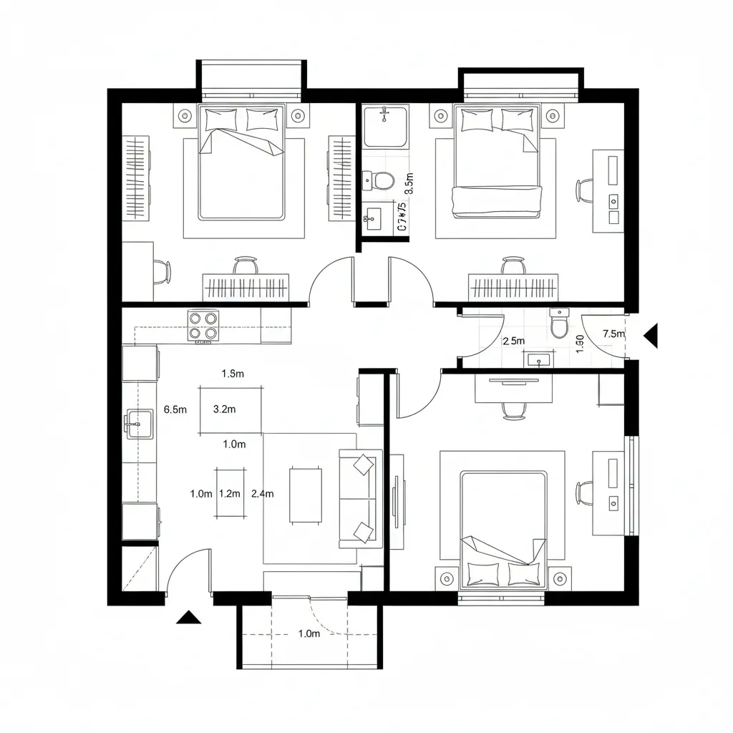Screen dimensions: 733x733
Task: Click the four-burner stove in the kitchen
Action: [x=203, y=326]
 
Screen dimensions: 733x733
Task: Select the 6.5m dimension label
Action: [x=175, y=410]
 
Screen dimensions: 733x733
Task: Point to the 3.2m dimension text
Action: [x=225, y=410]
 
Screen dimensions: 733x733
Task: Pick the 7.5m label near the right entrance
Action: [x=613, y=334]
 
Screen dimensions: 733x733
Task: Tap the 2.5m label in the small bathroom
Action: [x=514, y=341]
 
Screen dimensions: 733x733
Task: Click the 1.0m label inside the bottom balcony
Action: [x=308, y=634]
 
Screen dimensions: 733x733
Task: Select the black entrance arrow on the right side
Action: [x=651, y=335]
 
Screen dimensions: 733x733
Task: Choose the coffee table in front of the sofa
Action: [x=306, y=494]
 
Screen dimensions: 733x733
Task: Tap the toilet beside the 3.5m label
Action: [x=378, y=180]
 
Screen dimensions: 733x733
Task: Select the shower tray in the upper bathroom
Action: [x=385, y=126]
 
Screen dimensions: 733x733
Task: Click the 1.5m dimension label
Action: [x=233, y=374]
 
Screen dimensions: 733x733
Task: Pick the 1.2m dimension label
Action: [x=229, y=494]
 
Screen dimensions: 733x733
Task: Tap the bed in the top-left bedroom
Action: [x=242, y=162]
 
